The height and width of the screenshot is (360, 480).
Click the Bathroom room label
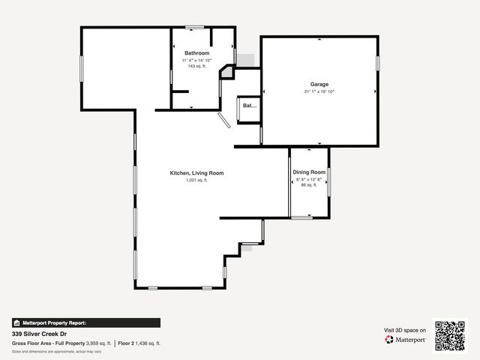196,52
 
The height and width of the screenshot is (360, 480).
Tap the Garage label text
319,84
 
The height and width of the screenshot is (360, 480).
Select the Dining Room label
309,172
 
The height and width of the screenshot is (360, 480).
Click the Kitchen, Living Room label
196,173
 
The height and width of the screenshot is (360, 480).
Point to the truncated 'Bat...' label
250,106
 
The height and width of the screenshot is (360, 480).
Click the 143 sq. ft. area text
196,66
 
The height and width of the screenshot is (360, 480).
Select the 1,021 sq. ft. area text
196,181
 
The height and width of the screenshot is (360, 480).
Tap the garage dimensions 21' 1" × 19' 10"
319,91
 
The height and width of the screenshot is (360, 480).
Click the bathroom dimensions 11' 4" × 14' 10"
196,59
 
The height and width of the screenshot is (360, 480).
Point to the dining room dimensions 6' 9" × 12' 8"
309,179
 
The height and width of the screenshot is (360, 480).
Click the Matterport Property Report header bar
85,322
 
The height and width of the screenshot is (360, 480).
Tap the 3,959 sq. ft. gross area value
99,343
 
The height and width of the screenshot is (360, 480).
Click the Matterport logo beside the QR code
406,340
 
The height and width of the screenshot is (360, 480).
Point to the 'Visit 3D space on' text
405,330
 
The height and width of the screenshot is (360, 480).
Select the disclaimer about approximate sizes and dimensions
57,351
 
